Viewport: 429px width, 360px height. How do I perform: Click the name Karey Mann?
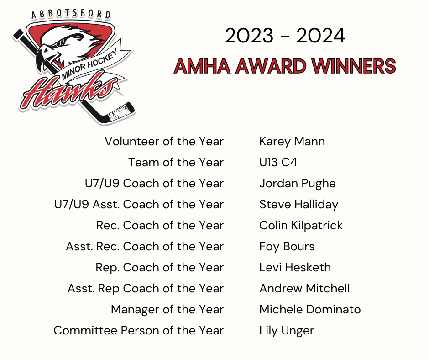point(292,142)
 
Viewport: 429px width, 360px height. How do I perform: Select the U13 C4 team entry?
point(278,162)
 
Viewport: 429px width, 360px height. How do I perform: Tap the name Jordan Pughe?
point(298,184)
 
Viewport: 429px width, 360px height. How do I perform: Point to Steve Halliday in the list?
point(299,205)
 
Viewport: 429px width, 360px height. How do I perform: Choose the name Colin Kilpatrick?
point(301,226)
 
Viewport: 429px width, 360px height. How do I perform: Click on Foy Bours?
point(287,247)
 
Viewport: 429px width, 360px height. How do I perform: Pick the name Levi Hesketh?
point(295,267)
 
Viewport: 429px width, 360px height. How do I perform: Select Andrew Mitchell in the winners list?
point(304,288)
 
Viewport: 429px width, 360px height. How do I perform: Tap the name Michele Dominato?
point(310,310)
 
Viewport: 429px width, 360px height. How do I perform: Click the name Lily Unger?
point(287,331)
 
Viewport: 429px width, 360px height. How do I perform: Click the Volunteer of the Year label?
point(164,141)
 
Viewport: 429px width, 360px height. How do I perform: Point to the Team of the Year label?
point(176,162)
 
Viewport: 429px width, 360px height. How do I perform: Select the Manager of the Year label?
point(167,310)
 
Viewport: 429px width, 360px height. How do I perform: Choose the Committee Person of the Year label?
point(139,330)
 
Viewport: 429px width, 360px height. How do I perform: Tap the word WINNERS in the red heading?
point(354,66)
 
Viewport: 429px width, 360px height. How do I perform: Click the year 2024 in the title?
point(320,36)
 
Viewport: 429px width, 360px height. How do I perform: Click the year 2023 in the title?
point(249,36)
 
